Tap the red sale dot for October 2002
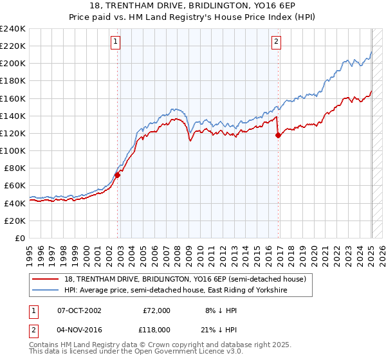(x=118, y=175)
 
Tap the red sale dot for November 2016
(x=278, y=135)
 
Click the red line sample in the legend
(x=46, y=279)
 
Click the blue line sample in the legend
(x=46, y=291)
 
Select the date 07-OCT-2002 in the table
(x=79, y=310)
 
